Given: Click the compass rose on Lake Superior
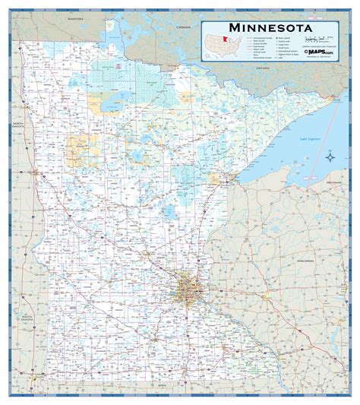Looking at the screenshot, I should pos(331,157).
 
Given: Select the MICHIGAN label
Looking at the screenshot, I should pos(333,184).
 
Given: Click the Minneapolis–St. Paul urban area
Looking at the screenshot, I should pos(185,290).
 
